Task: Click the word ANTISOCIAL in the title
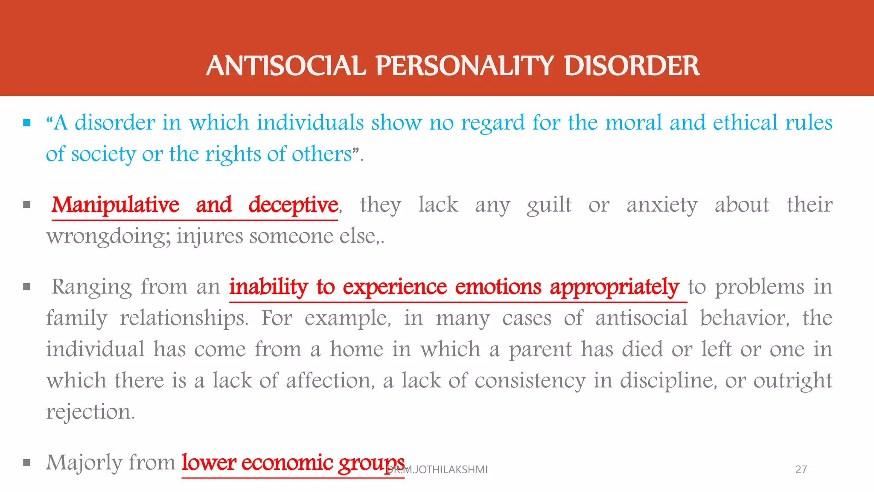(x=286, y=66)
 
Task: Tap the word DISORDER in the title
(x=632, y=66)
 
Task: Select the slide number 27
(x=801, y=469)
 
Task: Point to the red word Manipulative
(x=115, y=205)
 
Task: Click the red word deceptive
(x=293, y=205)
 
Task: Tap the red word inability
(x=268, y=287)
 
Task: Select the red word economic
(x=287, y=463)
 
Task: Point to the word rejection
(x=90, y=412)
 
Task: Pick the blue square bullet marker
(x=27, y=123)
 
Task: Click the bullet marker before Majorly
(x=27, y=463)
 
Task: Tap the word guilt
(x=549, y=205)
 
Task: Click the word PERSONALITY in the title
(x=465, y=66)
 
